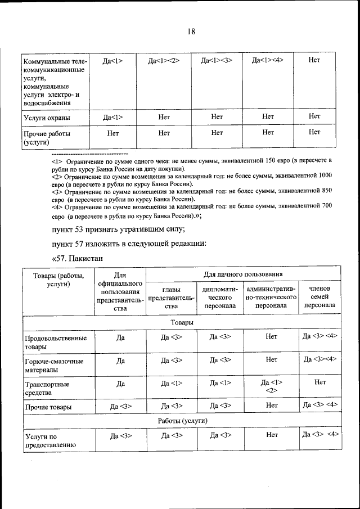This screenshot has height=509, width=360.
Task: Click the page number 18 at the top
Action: click(191, 31)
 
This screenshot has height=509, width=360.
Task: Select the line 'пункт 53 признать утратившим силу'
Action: click(118, 229)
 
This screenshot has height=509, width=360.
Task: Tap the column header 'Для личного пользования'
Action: click(243, 274)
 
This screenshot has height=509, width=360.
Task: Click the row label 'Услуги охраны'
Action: click(47, 118)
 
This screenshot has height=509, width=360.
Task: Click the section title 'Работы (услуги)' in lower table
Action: click(181, 420)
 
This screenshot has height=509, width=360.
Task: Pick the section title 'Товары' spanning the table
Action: click(181, 322)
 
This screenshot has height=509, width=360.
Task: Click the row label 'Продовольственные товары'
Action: click(55, 343)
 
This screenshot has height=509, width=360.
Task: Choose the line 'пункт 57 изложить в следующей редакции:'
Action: click(130, 244)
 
